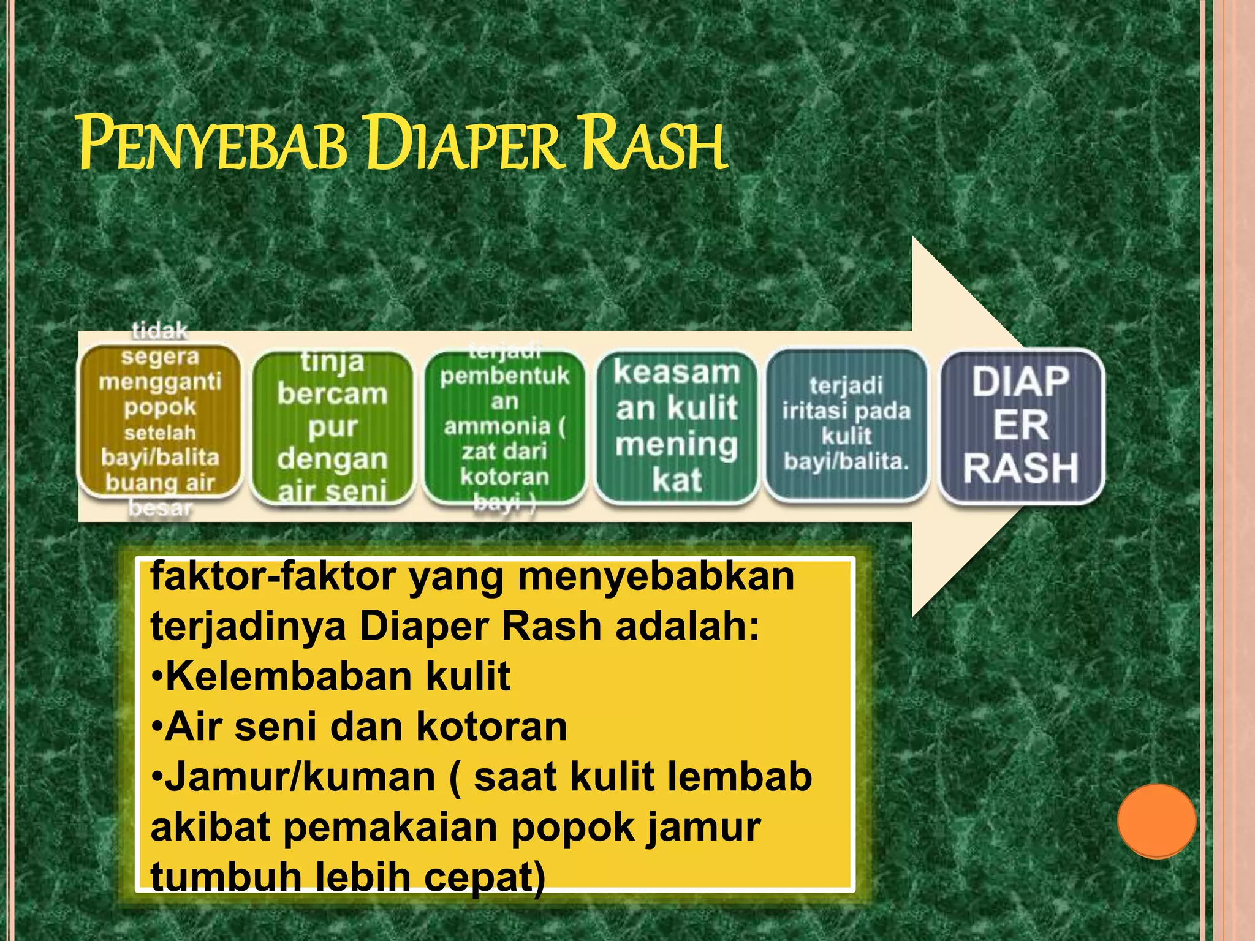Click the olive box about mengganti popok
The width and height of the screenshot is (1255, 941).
click(159, 420)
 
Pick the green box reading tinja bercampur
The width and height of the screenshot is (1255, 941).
click(332, 426)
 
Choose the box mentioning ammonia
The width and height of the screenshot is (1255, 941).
click(504, 426)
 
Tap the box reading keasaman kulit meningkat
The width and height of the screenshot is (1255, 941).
click(677, 426)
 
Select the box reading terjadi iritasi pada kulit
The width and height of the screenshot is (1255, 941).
click(846, 424)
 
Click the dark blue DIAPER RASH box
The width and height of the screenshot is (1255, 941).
click(1021, 425)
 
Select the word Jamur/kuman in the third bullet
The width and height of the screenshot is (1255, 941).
click(300, 777)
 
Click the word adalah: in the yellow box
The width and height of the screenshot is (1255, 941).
click(687, 626)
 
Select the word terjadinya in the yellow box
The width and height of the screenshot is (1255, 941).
click(248, 626)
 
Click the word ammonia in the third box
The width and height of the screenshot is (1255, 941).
click(497, 426)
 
